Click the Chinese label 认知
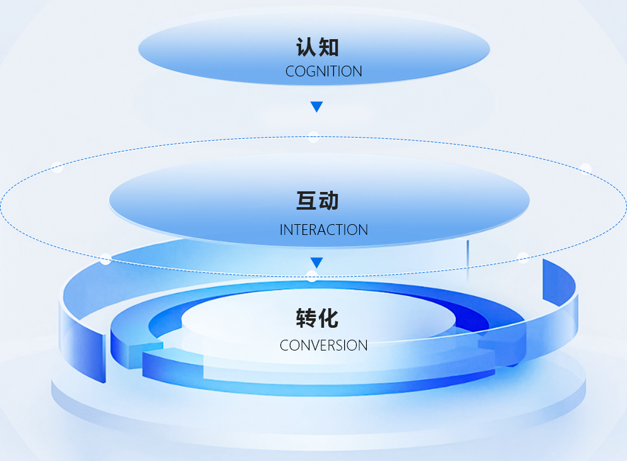(318, 47)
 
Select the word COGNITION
(323, 71)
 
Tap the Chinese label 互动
(318, 201)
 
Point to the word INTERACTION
(323, 230)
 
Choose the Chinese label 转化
(318, 318)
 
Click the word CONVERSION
(323, 345)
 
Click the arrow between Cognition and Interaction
(317, 107)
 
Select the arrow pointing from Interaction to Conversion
(317, 262)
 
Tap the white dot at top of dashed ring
(314, 137)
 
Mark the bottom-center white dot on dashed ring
(311, 275)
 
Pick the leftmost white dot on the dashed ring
(57, 168)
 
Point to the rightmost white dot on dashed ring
(585, 169)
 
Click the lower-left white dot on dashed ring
(105, 260)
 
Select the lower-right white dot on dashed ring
(523, 258)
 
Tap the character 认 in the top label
(306, 47)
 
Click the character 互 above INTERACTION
(306, 201)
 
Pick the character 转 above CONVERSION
(306, 318)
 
